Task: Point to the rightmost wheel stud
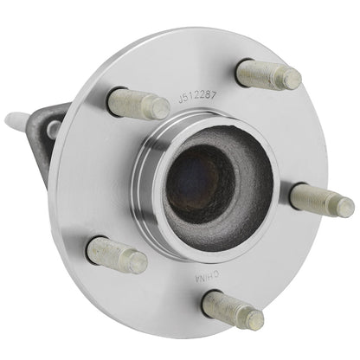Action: pyautogui.click(x=321, y=200)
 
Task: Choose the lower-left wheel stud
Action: pyautogui.click(x=117, y=254)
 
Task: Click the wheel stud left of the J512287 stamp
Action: pyautogui.click(x=138, y=104)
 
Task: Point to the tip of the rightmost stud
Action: pyautogui.click(x=348, y=208)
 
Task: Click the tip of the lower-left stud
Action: pyautogui.click(x=138, y=263)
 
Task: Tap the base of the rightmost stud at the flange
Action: pyautogui.click(x=298, y=193)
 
